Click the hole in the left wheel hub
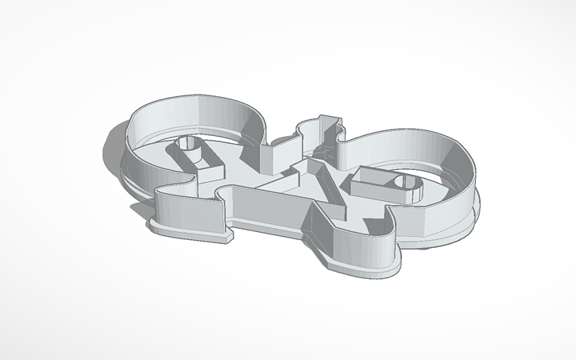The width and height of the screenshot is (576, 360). click(187, 144)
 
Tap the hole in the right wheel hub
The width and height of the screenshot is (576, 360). click(404, 184)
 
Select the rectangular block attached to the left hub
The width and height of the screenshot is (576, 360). click(203, 164)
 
